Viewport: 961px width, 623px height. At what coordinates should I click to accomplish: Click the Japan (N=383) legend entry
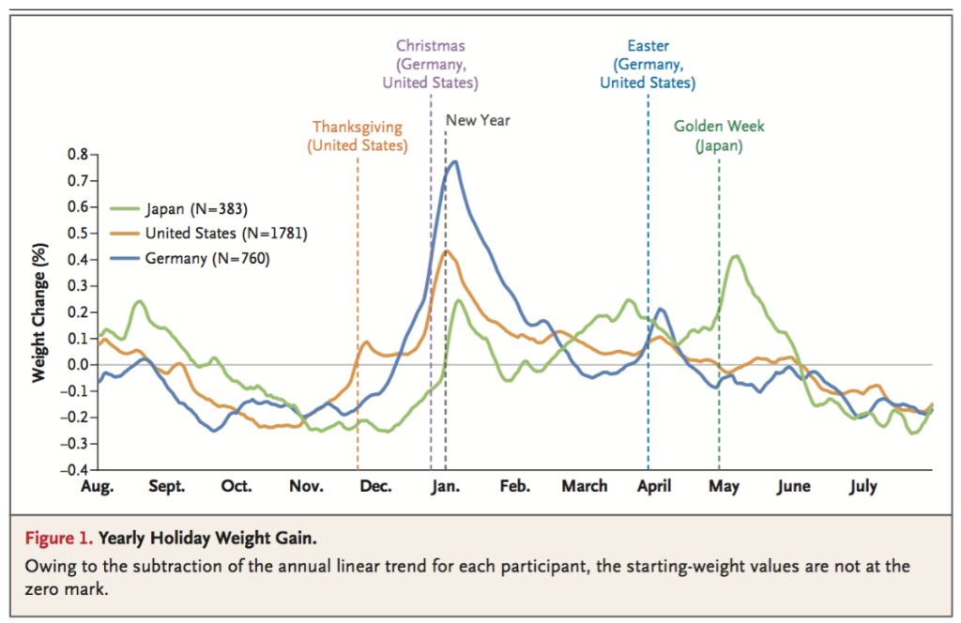(x=196, y=208)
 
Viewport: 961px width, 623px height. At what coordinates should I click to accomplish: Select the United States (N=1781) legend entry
(x=225, y=233)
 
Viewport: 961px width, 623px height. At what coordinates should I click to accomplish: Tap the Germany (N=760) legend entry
(x=206, y=258)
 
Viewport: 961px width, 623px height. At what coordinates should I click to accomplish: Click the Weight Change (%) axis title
(x=39, y=312)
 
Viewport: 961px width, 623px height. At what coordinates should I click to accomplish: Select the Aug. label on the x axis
(x=98, y=486)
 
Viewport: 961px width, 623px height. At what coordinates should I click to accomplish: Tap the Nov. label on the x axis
(x=306, y=486)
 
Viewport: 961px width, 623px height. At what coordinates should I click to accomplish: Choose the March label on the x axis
(x=585, y=486)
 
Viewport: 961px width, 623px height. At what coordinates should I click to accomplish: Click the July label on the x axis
(x=862, y=486)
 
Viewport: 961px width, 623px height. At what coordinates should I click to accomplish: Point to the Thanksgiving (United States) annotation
(x=357, y=136)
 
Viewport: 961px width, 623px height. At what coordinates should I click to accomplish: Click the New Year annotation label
(x=478, y=120)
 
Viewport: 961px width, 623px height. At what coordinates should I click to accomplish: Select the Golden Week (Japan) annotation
(x=719, y=136)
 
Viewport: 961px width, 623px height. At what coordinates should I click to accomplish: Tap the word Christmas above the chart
(x=430, y=45)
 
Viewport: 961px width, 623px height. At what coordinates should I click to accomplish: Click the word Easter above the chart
(x=648, y=45)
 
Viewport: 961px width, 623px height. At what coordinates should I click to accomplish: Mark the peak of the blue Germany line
(x=455, y=161)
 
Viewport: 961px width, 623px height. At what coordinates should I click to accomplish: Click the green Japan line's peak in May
(x=737, y=255)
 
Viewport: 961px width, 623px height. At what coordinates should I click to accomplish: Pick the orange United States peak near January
(x=447, y=251)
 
